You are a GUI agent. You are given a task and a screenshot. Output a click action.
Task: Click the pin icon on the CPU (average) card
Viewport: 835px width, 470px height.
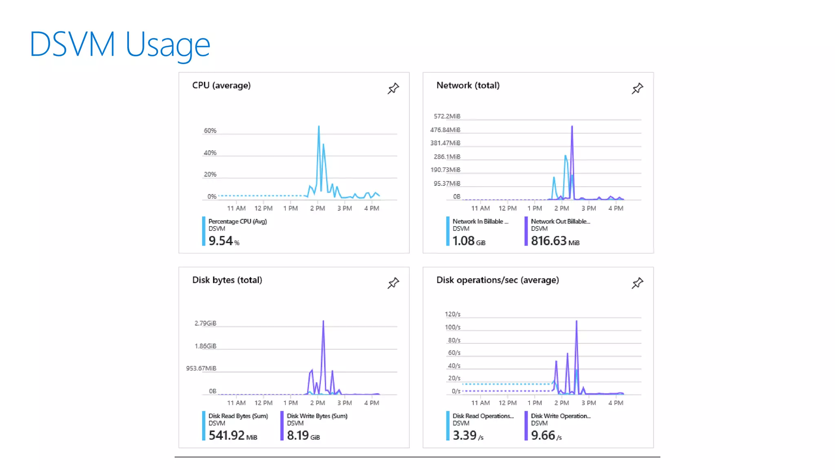393,89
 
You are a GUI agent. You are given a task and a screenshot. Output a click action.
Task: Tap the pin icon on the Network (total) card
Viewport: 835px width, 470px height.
637,89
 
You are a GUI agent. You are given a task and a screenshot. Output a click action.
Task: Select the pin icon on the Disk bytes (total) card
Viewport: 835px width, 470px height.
393,283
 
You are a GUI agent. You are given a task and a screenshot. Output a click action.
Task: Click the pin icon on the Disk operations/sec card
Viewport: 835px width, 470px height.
637,283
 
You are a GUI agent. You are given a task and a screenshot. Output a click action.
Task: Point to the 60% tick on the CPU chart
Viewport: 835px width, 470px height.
210,131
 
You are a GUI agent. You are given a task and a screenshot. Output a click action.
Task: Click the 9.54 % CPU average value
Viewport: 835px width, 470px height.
223,241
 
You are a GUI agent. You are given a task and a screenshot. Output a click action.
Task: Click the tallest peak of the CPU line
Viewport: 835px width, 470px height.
319,127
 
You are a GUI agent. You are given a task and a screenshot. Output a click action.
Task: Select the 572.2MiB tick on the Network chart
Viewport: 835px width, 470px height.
447,116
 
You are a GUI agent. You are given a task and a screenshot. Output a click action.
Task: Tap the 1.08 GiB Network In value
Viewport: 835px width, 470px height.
468,241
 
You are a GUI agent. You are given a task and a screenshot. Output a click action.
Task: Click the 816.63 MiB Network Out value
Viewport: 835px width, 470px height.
554,241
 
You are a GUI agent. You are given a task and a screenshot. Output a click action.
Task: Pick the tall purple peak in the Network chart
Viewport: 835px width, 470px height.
572,127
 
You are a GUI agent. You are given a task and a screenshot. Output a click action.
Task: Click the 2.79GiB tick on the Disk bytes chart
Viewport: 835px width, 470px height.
205,323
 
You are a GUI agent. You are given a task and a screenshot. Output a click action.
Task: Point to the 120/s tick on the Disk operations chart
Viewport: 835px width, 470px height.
452,314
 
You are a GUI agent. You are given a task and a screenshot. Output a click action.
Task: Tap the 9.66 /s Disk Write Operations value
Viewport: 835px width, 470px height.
546,435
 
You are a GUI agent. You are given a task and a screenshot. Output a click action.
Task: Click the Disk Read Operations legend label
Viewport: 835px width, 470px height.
483,416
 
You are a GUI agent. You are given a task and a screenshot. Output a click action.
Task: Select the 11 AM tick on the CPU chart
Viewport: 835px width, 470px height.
236,208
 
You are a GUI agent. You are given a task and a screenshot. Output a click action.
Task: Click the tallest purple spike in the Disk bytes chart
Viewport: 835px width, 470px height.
323,322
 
